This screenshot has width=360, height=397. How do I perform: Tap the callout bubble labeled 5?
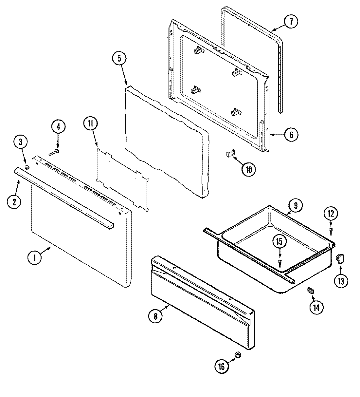coord(119,59)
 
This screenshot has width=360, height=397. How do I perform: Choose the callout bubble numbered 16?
coord(222,366)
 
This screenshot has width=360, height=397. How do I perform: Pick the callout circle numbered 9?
coord(296,206)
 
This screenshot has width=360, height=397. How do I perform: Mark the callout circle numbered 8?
coord(155,316)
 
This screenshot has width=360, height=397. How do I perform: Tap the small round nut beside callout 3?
coord(27,168)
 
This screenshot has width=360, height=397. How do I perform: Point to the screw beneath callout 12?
coord(331,231)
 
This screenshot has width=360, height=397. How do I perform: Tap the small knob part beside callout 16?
coord(238,355)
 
